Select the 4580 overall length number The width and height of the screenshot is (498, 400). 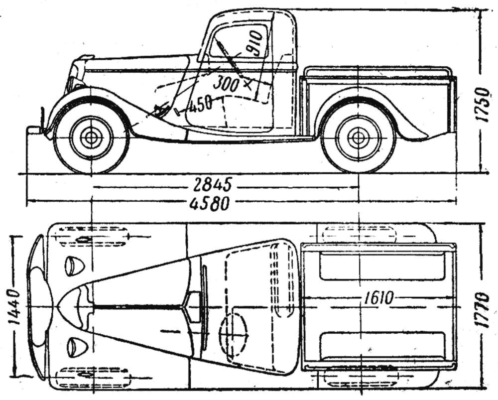tap(212, 203)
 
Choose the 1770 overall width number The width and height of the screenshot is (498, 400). tap(482, 309)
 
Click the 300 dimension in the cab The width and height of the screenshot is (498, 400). tap(225, 83)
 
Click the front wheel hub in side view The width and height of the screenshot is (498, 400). tap(91, 138)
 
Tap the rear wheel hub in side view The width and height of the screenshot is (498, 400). tap(359, 138)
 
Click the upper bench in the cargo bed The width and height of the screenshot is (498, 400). tap(381, 267)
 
